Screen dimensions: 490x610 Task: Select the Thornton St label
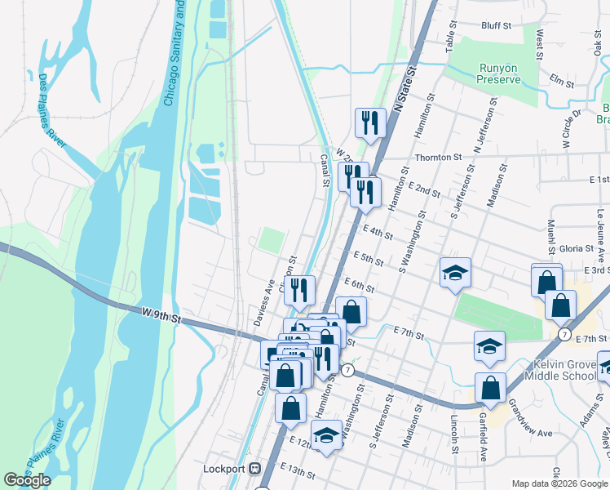pyautogui.click(x=438, y=157)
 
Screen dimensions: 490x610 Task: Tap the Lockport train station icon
pyautogui.click(x=255, y=469)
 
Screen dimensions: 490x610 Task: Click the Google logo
pyautogui.click(x=27, y=480)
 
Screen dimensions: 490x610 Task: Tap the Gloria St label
pyautogui.click(x=576, y=248)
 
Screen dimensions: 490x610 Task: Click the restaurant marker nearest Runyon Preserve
pyautogui.click(x=371, y=123)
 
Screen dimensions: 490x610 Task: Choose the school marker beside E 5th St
pyautogui.click(x=455, y=272)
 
